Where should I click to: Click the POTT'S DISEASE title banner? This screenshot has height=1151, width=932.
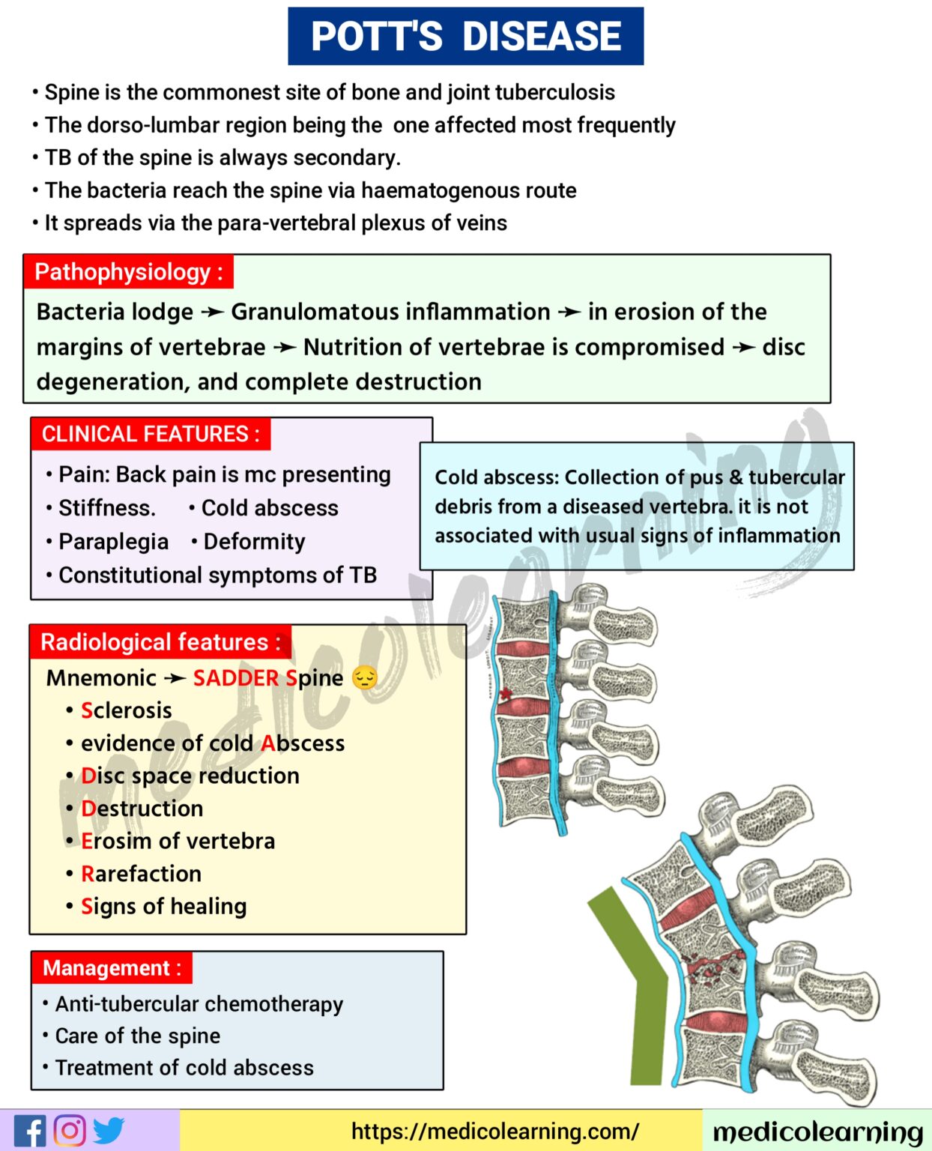pyautogui.click(x=465, y=36)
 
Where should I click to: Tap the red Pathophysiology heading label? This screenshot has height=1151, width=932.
pyautogui.click(x=128, y=272)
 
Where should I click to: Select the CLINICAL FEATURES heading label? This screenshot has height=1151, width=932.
pyautogui.click(x=151, y=434)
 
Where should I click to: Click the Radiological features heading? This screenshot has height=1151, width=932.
pyautogui.click(x=160, y=642)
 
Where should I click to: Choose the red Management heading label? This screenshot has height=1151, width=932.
pyautogui.click(x=112, y=967)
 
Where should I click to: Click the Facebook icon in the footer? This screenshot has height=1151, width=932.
pyautogui.click(x=30, y=1131)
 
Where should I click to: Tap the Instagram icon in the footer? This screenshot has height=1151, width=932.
pyautogui.click(x=70, y=1131)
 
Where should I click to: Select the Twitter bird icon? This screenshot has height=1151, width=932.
pyautogui.click(x=109, y=1131)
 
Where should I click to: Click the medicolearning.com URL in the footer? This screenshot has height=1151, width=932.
pyautogui.click(x=495, y=1131)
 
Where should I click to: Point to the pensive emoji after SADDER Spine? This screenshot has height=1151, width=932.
pyautogui.click(x=365, y=678)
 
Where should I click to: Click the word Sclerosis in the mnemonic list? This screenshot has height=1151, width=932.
pyautogui.click(x=126, y=710)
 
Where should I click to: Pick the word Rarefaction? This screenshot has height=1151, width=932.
pyautogui.click(x=141, y=874)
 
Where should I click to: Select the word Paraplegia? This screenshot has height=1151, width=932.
pyautogui.click(x=113, y=542)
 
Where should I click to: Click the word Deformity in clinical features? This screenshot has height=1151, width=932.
pyautogui.click(x=254, y=542)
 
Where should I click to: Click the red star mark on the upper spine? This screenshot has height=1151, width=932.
pyautogui.click(x=506, y=694)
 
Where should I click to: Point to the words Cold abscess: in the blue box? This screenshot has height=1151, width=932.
pyautogui.click(x=496, y=477)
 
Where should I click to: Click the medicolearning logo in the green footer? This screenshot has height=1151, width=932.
pyautogui.click(x=817, y=1132)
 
